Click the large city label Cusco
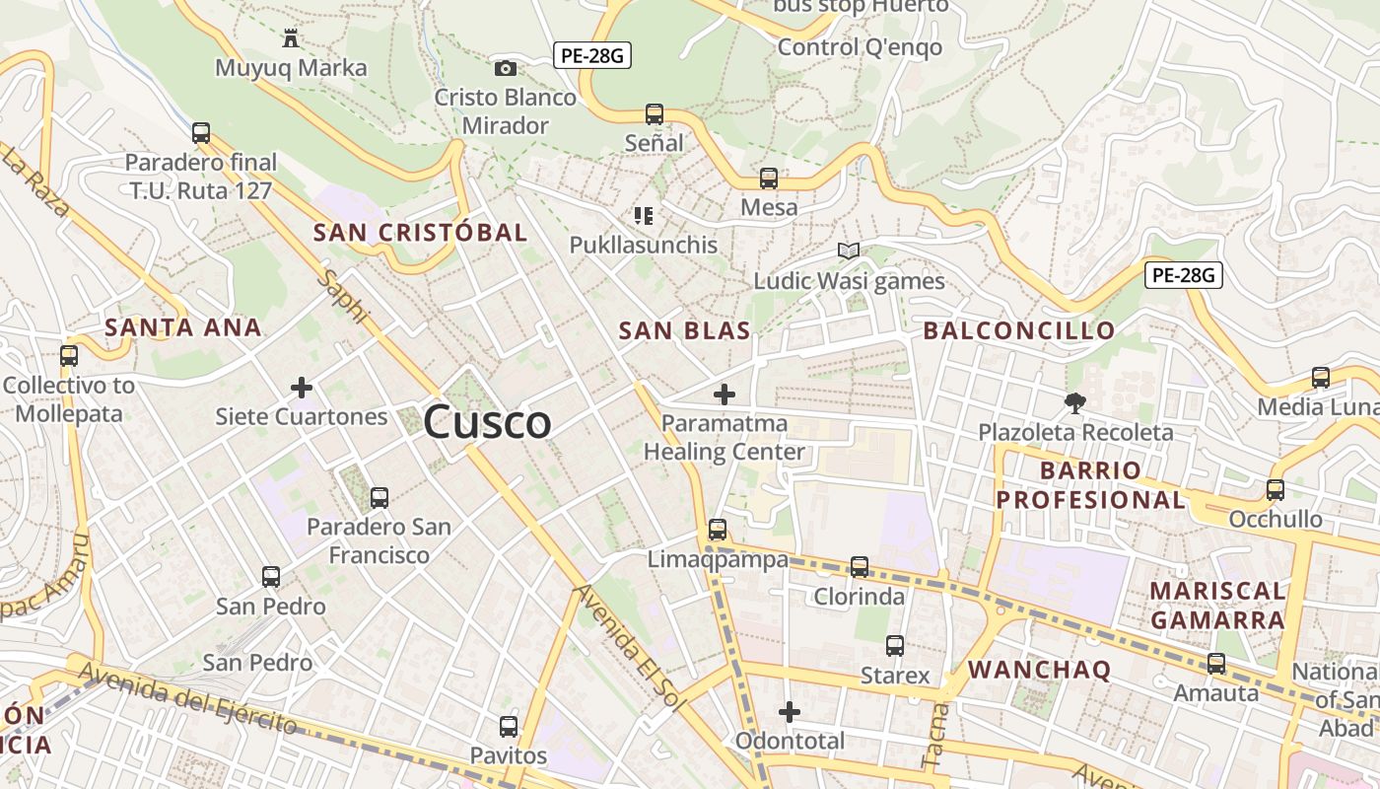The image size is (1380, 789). point(487,423)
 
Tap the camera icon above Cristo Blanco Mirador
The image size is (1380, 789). point(505,68)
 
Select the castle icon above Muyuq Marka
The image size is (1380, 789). point(291,38)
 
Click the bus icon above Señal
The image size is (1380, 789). point(655,113)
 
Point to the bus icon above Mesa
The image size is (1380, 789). point(769,179)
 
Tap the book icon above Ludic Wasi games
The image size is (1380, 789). point(848,251)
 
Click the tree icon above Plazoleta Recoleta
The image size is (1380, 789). point(1074,401)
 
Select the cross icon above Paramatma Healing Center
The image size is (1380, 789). point(724,394)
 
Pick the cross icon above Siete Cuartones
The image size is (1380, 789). point(302,388)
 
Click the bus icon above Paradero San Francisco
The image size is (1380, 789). point(379,498)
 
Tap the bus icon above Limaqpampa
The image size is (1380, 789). point(718,530)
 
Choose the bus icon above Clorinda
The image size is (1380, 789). point(860,567)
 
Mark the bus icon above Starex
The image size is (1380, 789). point(895,646)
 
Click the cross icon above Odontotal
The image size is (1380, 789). point(790,711)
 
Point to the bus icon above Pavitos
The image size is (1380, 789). point(509,727)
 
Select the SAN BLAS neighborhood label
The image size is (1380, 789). point(684,330)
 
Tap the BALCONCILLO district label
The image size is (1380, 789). point(1019,330)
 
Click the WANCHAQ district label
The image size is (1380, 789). point(1039,670)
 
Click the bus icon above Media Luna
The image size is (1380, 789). point(1321,377)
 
